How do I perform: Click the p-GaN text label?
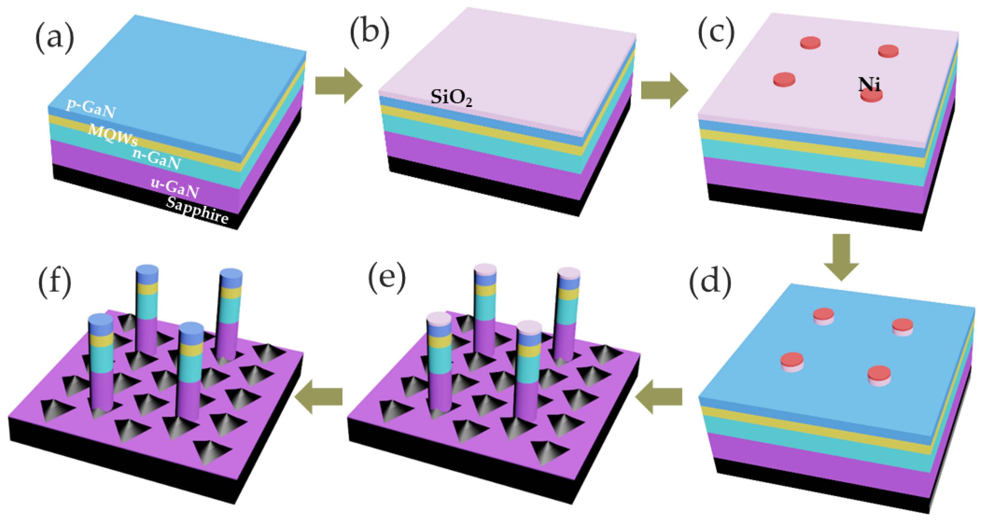click(x=90, y=108)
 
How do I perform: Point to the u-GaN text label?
click(x=175, y=188)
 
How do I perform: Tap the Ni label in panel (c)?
click(x=869, y=84)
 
